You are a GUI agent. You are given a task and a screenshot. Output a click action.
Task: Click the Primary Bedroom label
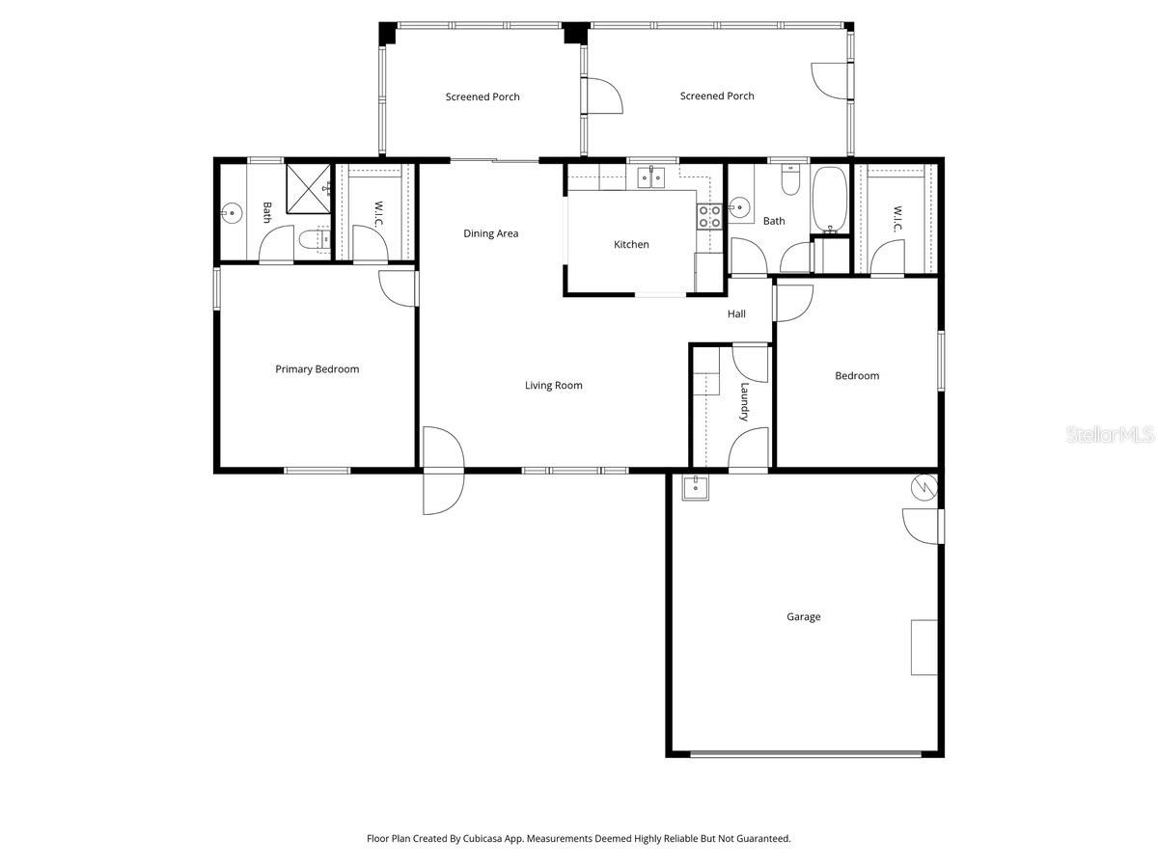(317, 369)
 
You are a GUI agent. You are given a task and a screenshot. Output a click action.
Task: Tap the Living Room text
(553, 386)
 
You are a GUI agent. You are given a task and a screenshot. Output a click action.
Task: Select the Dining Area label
(490, 233)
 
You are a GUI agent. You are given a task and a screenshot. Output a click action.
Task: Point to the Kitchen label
(631, 245)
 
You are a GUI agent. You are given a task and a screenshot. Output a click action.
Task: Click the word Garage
(803, 617)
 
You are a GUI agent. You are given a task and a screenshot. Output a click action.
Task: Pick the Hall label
(736, 314)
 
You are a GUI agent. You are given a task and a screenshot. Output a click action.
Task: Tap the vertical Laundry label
(744, 402)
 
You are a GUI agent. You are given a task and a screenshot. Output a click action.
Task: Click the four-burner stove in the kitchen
(709, 216)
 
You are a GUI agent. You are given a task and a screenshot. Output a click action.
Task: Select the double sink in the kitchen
(651, 177)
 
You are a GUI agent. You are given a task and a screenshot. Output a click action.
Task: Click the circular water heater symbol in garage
(924, 486)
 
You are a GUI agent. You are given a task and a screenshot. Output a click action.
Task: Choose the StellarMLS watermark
(1109, 436)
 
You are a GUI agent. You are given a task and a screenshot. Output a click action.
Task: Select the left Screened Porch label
(482, 96)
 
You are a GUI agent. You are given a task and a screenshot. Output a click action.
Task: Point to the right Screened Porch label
(717, 96)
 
